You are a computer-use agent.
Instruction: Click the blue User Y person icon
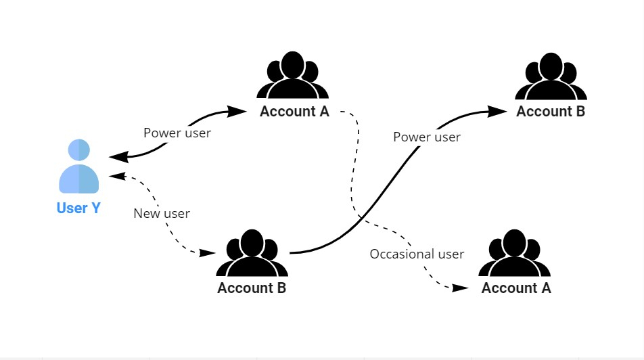[78, 166]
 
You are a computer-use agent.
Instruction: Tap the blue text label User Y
[78, 208]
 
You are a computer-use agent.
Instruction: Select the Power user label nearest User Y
[177, 133]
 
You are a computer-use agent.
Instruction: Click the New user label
[162, 214]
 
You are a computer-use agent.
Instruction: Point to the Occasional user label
[417, 254]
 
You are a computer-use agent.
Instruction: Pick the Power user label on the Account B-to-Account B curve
[427, 137]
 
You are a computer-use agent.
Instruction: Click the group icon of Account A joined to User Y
[292, 76]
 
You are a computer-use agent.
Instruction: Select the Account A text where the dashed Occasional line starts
[294, 112]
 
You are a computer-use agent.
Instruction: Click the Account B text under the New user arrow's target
[252, 288]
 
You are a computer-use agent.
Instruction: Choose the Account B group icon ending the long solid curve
[551, 76]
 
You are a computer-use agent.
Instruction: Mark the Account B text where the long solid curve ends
[551, 112]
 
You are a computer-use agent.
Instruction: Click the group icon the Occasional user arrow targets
[515, 253]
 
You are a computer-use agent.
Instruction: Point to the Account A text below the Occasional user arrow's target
[516, 288]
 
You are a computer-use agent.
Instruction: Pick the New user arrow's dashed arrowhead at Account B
[207, 253]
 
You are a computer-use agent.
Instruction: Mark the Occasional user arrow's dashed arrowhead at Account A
[460, 288]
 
